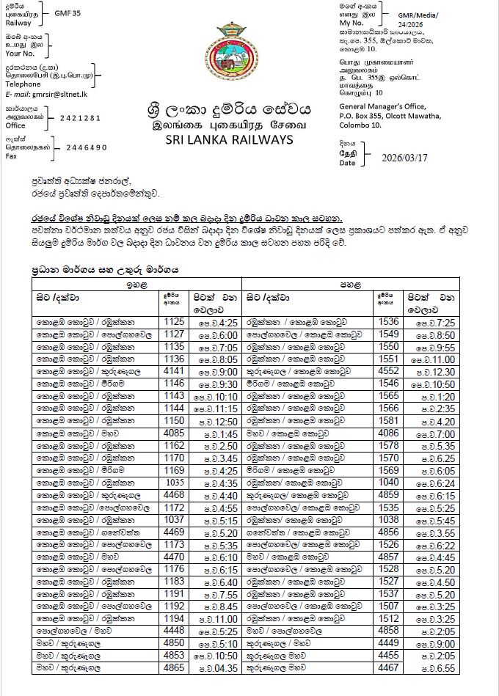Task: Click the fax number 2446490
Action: [87, 147]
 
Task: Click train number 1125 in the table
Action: [174, 321]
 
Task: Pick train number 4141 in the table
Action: [174, 371]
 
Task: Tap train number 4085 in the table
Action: [174, 433]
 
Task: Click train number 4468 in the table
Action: [174, 495]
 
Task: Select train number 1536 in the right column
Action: [388, 321]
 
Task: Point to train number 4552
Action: [388, 371]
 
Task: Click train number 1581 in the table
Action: [388, 420]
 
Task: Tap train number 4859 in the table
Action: [388, 495]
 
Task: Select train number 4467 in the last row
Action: [388, 668]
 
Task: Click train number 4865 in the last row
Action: [174, 668]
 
